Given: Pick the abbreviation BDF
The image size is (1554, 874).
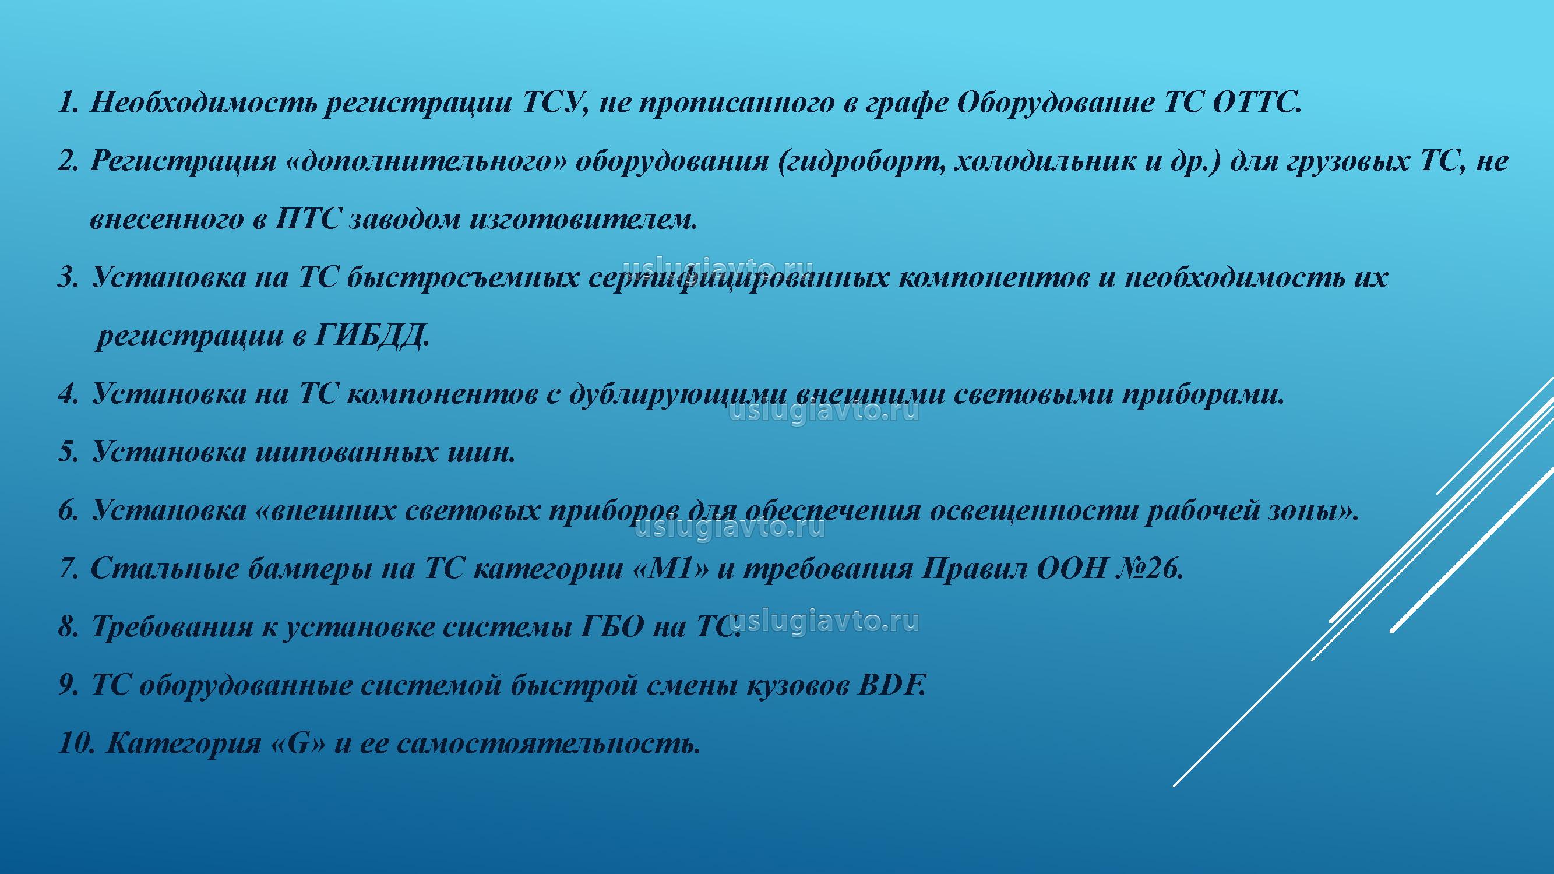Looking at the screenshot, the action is click(891, 685).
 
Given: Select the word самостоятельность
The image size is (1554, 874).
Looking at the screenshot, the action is click(548, 743).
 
